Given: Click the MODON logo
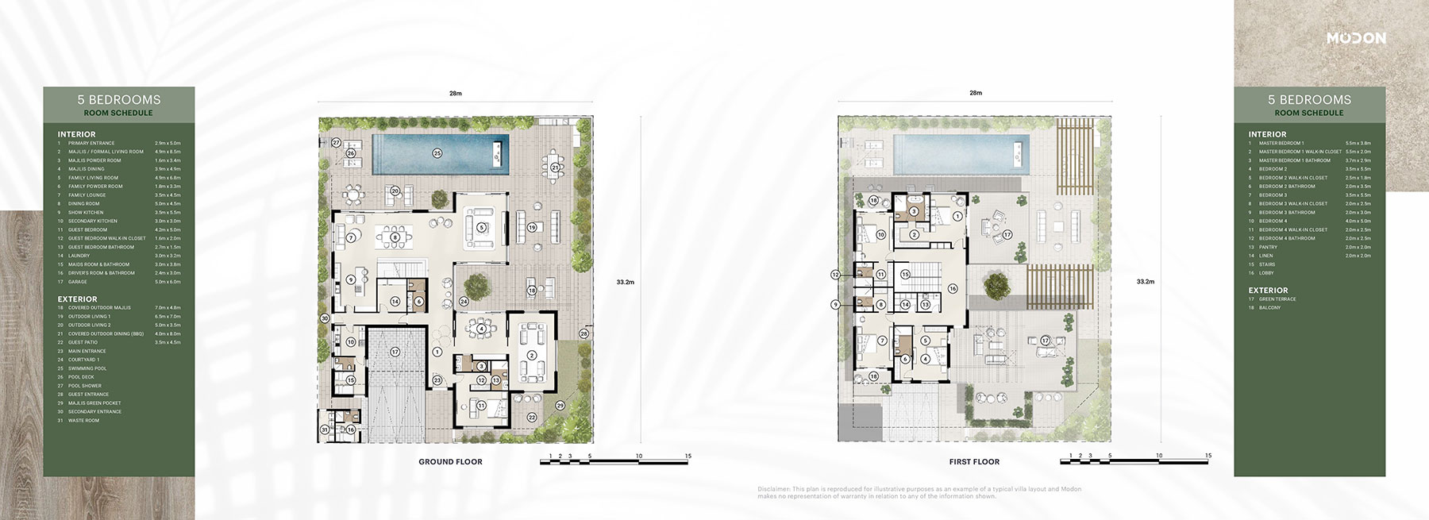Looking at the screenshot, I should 1356,38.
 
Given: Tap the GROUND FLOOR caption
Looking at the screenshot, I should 450,461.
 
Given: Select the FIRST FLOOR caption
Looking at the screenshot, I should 974,461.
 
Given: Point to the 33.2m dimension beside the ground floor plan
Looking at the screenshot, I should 625,281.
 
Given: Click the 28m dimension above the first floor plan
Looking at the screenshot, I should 976,93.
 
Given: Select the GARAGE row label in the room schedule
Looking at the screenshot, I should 78,282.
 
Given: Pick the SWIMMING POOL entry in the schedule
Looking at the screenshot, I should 87,368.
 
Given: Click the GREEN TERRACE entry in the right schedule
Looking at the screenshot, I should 1277,299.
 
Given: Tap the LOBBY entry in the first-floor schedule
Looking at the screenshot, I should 1266,273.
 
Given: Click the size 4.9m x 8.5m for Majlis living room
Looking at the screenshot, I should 168,152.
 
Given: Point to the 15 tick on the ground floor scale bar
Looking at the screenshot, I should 688,456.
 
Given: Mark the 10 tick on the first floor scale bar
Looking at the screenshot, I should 1159,456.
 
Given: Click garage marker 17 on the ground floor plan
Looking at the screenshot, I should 395,351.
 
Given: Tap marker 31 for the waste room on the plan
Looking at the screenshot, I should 325,429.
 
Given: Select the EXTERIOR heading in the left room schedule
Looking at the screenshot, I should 77,299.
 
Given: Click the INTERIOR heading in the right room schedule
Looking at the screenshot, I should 1267,134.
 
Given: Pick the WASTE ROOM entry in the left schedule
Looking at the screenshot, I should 83,420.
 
